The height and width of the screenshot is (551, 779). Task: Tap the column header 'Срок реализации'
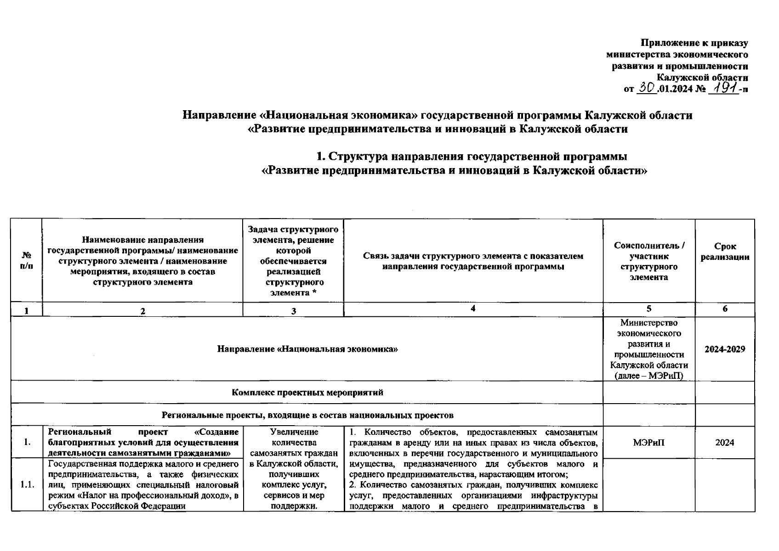725,252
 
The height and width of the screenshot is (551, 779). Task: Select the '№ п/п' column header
27,260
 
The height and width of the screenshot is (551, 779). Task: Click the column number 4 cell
473,309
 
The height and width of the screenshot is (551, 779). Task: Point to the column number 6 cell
725,309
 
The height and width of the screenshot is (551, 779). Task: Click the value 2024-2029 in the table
725,349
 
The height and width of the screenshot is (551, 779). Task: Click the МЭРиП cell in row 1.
648,442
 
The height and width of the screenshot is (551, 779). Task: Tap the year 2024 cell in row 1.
725,442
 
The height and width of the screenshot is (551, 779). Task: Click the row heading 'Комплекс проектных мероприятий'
307,393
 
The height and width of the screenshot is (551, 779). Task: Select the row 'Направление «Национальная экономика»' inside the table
307,349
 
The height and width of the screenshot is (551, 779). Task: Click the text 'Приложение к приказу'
694,43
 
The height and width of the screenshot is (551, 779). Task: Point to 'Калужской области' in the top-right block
702,77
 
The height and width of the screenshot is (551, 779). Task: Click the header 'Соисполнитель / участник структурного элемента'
648,261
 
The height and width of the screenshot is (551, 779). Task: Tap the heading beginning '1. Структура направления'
472,157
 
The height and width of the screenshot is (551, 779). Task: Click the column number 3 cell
293,310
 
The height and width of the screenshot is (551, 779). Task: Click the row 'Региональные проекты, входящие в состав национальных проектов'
307,415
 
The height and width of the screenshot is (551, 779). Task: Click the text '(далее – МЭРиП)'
648,376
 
